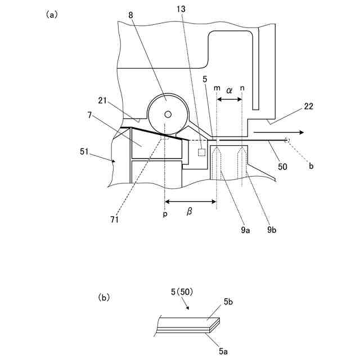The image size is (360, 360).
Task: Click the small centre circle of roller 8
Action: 167,114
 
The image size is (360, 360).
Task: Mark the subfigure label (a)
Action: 51,15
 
